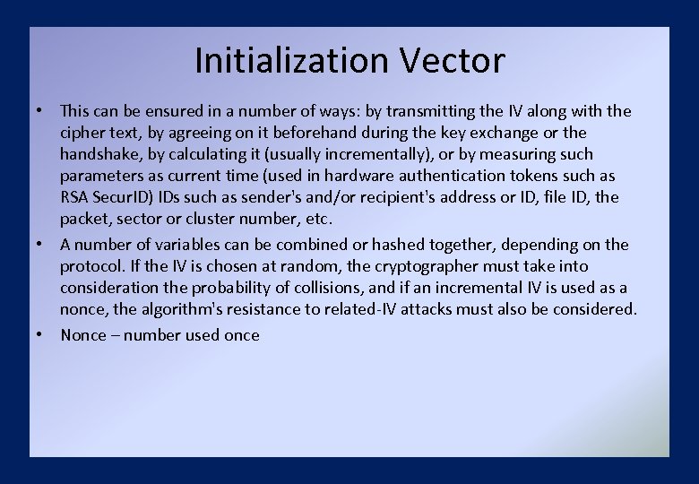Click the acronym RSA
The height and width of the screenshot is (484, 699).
coord(74,197)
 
